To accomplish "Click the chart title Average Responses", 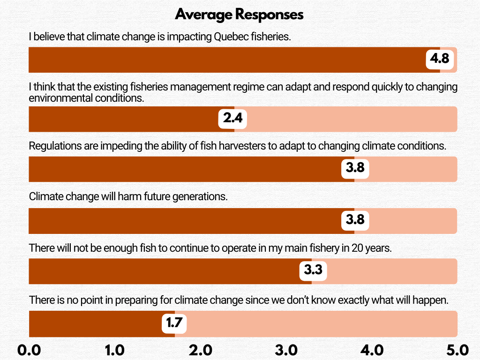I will pos(239,15).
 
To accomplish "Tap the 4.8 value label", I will pos(440,59).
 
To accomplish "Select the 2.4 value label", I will pos(232,119).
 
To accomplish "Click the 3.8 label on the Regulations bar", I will pos(355,167).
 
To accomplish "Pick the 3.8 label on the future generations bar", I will pos(355,219).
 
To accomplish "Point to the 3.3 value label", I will pos(313,270).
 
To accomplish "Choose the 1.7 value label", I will pos(174,323).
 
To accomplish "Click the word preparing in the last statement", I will pos(117,300).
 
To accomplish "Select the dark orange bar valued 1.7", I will pos(94,323).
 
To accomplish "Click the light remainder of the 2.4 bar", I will pos(352,119).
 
